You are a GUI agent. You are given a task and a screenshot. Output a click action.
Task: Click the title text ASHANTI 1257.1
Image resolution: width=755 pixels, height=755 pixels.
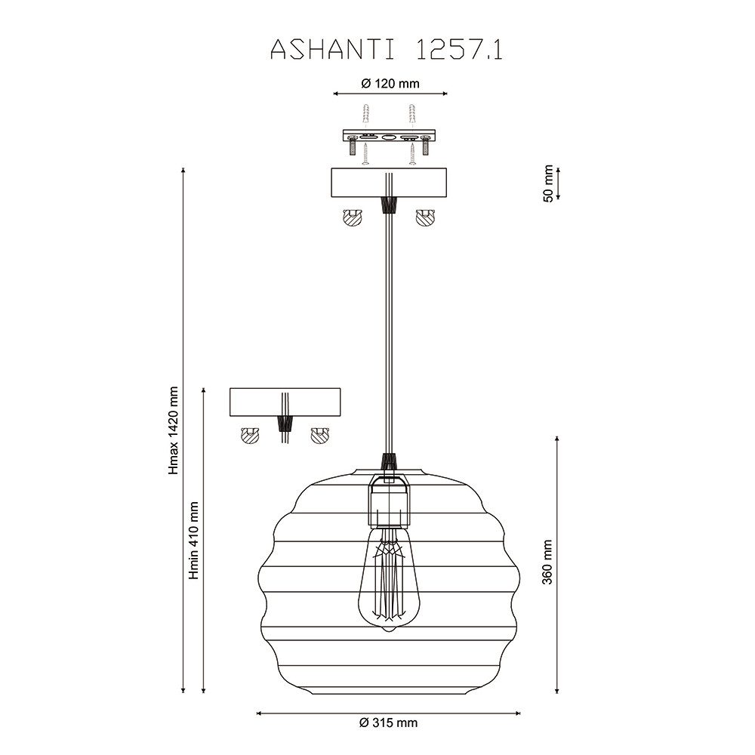coord(386,50)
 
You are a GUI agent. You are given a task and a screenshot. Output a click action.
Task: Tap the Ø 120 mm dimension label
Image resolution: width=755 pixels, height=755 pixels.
coord(390,84)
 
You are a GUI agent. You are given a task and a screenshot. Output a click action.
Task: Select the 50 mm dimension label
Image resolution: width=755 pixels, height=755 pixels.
coord(548,183)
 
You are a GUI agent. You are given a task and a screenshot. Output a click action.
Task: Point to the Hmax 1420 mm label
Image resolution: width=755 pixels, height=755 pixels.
coord(174,430)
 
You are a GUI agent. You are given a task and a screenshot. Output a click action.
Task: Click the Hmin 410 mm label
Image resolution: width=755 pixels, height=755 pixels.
coord(193,541)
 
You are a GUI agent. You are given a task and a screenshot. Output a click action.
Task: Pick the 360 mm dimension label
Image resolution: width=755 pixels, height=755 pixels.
coord(547,562)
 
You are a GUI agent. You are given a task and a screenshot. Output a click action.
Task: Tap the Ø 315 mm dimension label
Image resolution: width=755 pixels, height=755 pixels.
coord(389,723)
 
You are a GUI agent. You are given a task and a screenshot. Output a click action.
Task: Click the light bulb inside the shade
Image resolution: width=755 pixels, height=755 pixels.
coord(389,579)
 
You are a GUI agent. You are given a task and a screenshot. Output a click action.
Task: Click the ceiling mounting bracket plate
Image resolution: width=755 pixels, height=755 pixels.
coord(389,136)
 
